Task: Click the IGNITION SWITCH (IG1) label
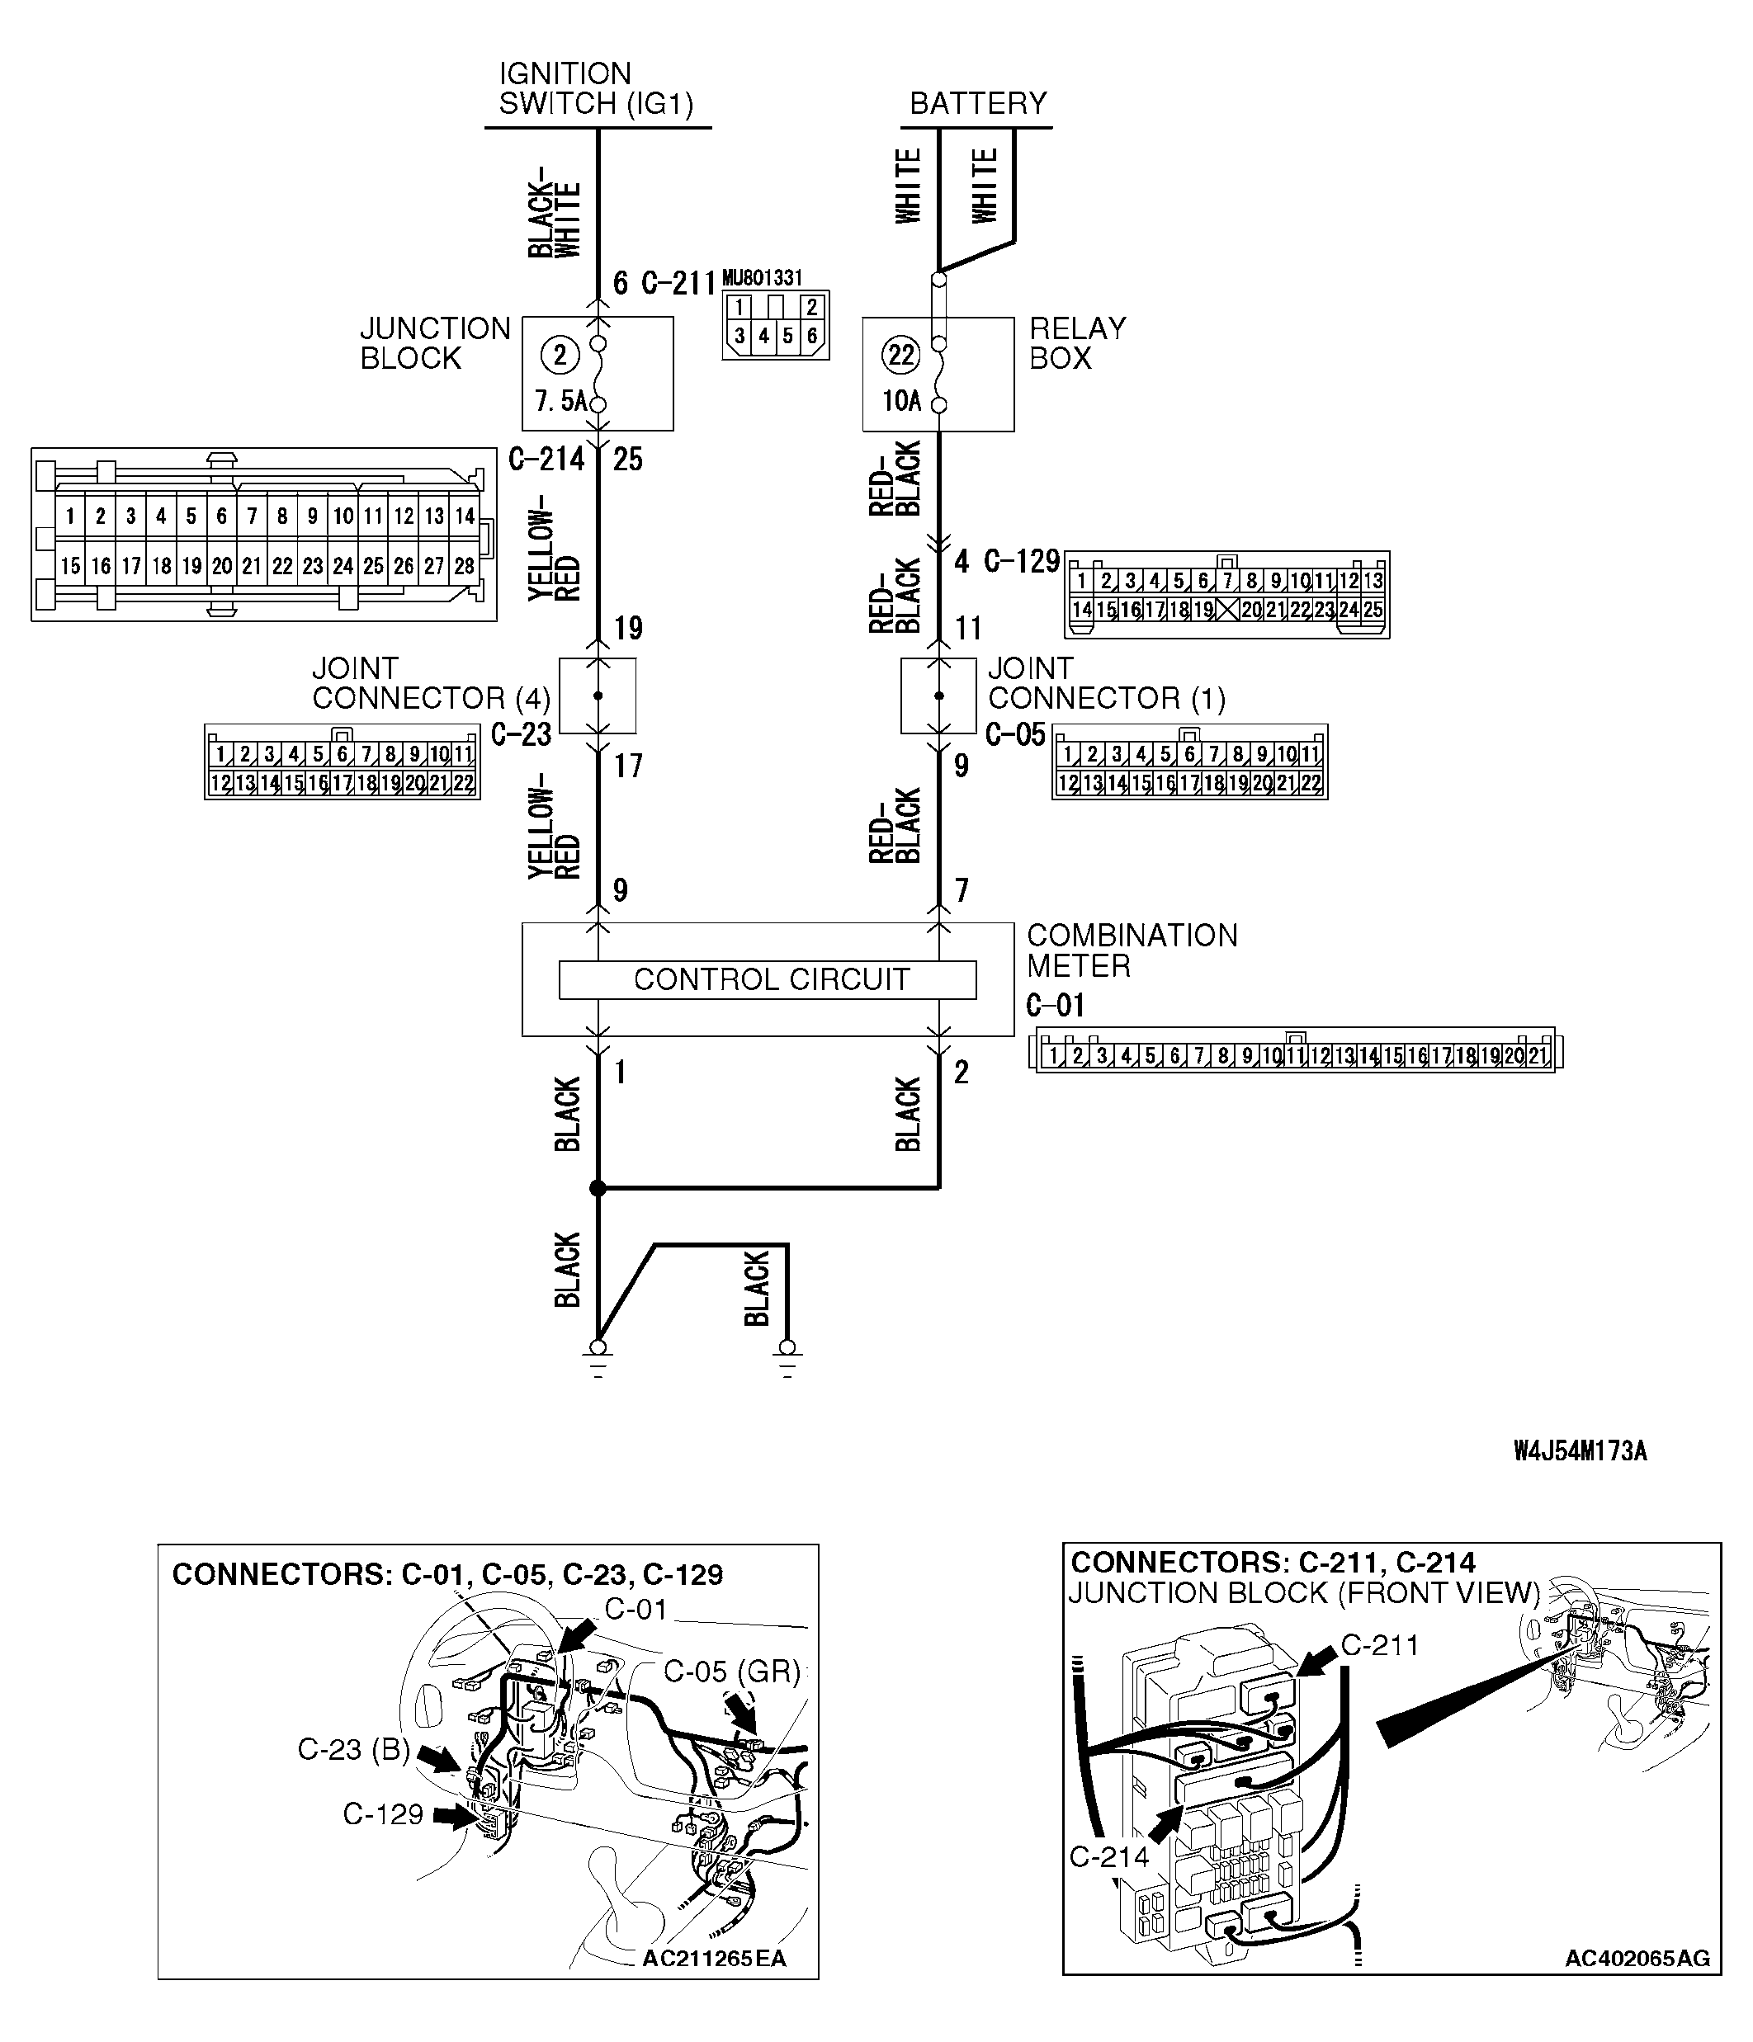(x=596, y=89)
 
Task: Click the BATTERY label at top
(x=977, y=103)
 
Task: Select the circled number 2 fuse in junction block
(x=560, y=355)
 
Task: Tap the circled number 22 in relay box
(x=901, y=355)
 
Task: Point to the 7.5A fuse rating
(x=559, y=402)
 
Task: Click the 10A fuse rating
(x=900, y=402)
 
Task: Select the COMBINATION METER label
(x=1131, y=950)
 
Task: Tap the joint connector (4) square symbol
(x=598, y=696)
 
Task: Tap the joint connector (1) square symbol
(x=938, y=696)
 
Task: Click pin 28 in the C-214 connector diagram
(x=463, y=567)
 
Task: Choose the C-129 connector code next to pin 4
(x=1022, y=562)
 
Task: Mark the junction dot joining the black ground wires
(x=598, y=1189)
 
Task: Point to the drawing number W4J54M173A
(x=1580, y=1450)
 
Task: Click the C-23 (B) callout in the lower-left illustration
(x=354, y=1749)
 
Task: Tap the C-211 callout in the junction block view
(x=1379, y=1645)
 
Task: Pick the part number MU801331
(x=761, y=279)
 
